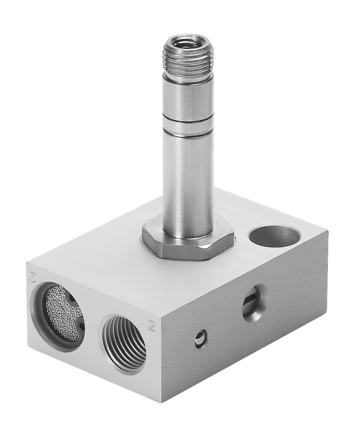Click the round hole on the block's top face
point(274,236)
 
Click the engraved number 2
point(151,325)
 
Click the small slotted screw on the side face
point(201,339)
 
